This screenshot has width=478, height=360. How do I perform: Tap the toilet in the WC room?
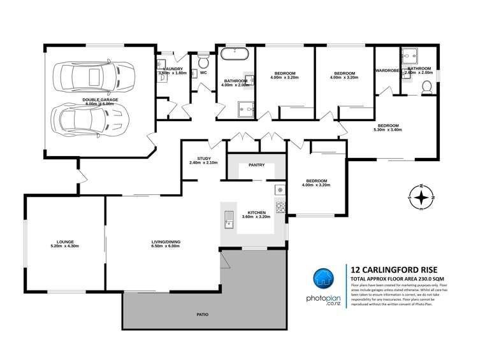[203, 62]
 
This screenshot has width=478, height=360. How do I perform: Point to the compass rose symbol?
[421, 197]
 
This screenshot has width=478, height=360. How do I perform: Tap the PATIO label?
[203, 315]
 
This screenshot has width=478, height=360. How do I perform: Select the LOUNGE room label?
[64, 241]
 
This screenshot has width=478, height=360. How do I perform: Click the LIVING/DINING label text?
[165, 241]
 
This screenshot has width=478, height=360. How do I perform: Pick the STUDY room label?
[203, 158]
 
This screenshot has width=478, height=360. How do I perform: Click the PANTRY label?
[257, 165]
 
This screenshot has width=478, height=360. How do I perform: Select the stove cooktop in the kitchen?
[280, 206]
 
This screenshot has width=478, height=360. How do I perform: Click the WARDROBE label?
[387, 70]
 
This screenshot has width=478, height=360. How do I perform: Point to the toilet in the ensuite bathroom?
[426, 94]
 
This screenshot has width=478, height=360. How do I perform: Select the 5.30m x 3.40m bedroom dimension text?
[387, 131]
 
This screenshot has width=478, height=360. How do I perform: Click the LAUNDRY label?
[173, 68]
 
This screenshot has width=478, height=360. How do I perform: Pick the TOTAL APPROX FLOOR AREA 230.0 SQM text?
[396, 279]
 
